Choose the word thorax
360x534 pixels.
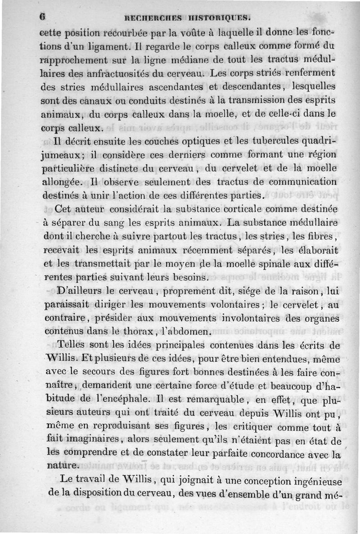click(x=141, y=332)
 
